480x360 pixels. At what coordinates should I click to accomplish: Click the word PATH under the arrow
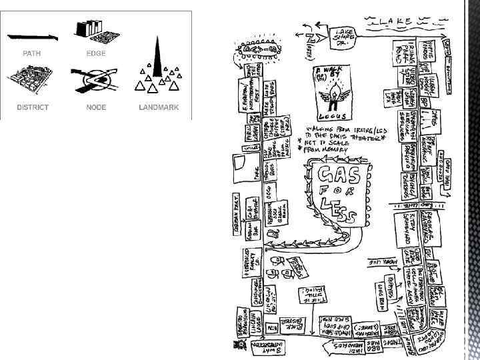point(32,53)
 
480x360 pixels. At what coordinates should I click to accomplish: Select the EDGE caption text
point(96,53)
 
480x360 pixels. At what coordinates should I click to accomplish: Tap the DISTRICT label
point(32,107)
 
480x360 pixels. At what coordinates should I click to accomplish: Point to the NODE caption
point(96,107)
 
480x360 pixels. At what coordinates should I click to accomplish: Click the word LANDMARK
point(159,107)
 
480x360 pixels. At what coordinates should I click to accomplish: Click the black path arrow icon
point(32,37)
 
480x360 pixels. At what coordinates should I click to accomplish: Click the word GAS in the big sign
point(339,175)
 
